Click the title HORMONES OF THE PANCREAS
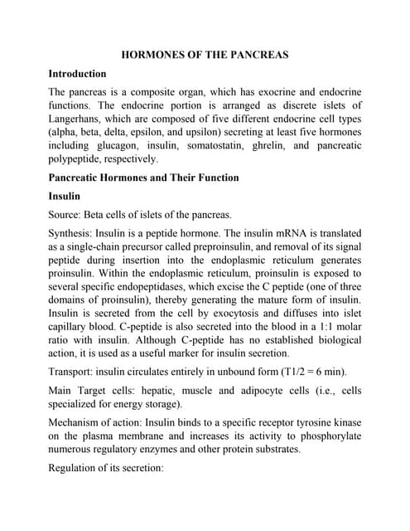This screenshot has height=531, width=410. [205, 55]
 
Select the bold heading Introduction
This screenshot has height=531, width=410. [77, 74]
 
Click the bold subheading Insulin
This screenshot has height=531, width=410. [65, 197]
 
